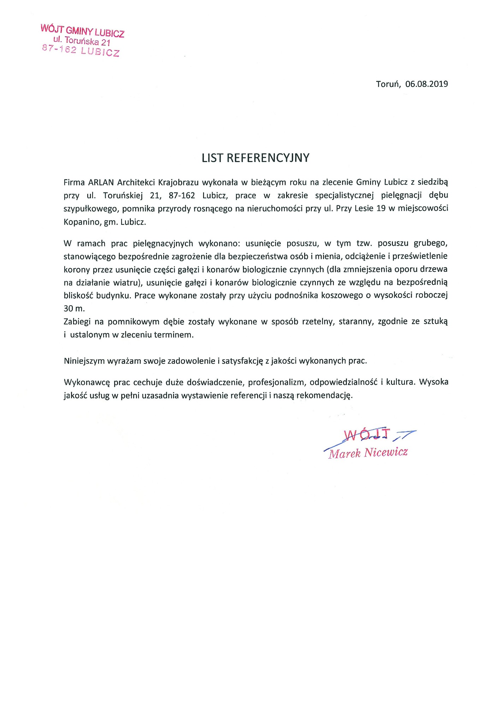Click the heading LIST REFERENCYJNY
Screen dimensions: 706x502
(255, 158)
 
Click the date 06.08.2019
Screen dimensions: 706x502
(426, 84)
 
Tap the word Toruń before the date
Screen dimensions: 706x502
(388, 84)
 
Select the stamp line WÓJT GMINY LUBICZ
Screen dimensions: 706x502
(82, 31)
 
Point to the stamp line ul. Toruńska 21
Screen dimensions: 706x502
(82, 41)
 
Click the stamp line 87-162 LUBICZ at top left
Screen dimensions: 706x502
(81, 50)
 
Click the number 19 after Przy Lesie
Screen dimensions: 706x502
(381, 208)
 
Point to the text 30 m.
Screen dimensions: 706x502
(74, 308)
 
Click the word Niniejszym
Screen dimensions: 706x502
(84, 361)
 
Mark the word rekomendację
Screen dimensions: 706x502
(324, 395)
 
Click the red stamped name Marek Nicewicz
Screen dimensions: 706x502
(368, 453)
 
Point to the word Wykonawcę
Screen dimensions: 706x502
(87, 382)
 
